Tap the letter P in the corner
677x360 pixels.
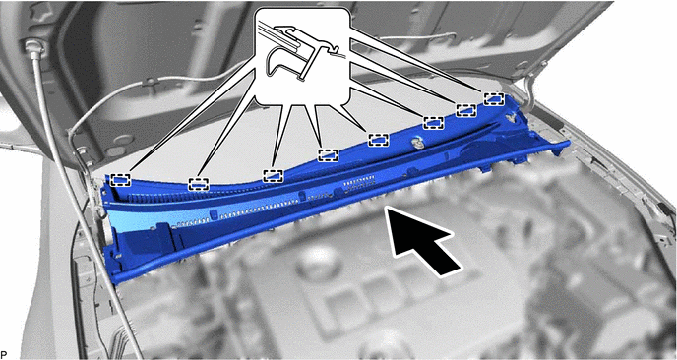coord(4,355)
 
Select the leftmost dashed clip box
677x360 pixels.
coord(120,180)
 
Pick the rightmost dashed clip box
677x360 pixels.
coord(494,98)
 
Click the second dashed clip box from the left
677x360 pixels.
coord(199,184)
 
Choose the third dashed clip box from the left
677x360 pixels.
coord(274,176)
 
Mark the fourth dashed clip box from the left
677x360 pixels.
coord(328,155)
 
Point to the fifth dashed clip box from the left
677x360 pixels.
coord(379,140)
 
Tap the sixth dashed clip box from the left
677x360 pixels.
coord(434,123)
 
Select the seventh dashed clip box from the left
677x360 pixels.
coord(466,110)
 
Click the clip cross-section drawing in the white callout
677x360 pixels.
coord(301,52)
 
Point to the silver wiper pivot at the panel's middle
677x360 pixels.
coord(416,142)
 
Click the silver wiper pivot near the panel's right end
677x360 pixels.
coord(512,116)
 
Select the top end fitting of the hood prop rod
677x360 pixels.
coord(34,48)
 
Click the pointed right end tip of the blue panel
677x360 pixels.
coord(568,144)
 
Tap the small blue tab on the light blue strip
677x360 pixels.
coord(213,214)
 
